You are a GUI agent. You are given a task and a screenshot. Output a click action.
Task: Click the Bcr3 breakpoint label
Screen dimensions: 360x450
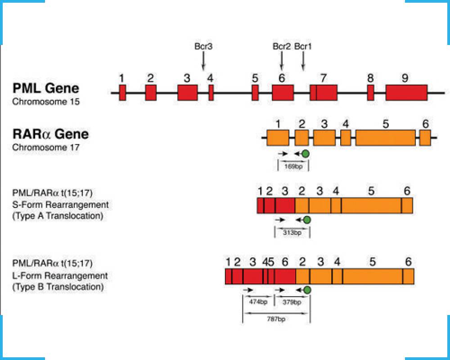203,46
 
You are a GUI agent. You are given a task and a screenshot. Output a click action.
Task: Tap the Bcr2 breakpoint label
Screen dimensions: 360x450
282,46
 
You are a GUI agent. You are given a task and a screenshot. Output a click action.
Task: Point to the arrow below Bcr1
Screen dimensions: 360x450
303,61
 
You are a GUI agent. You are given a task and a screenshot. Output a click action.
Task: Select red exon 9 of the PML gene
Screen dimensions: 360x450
406,92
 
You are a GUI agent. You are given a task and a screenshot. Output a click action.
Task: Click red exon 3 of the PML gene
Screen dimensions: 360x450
187,92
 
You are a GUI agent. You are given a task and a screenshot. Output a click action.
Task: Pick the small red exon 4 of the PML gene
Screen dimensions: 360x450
211,92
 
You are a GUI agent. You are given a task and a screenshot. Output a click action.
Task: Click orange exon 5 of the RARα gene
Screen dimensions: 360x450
386,138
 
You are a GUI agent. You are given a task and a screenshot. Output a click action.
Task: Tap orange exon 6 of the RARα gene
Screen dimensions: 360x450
425,138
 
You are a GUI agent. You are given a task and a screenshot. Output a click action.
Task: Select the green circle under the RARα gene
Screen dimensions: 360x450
306,154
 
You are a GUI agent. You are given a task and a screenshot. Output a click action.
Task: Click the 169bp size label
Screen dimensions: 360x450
293,166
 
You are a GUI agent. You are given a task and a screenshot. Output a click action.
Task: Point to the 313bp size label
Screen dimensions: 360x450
292,232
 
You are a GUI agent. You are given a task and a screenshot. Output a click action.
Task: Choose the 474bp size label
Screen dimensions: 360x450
258,302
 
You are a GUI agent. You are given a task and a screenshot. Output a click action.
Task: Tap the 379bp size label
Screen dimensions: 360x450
292,302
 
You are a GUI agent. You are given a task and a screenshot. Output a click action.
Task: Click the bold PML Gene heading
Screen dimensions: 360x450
45,88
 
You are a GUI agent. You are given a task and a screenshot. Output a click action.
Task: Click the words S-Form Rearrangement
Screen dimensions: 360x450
60,205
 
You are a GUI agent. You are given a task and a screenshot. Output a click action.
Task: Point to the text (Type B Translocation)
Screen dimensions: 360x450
58,286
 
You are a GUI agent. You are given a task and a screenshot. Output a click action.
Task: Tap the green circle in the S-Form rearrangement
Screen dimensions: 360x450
307,220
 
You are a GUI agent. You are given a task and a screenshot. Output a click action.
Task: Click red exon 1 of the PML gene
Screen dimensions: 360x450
122,92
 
